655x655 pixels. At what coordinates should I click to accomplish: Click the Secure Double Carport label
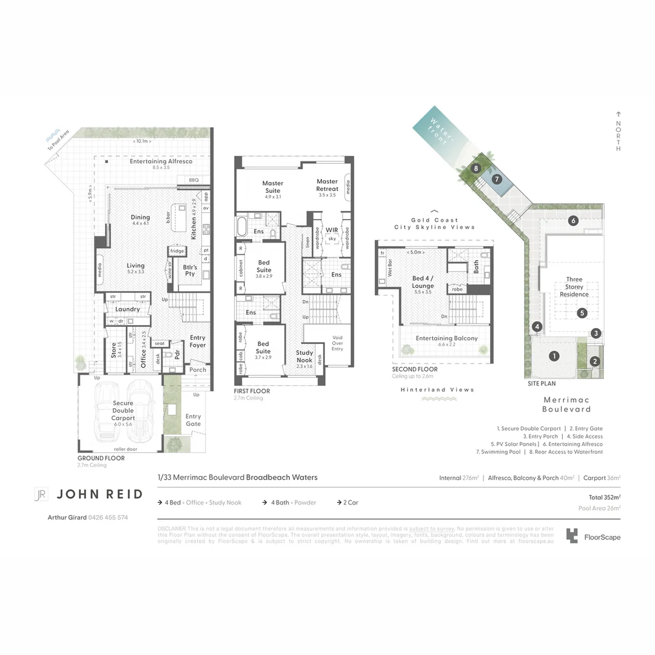coord(123,411)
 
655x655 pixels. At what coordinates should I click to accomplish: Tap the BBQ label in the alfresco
coord(194,180)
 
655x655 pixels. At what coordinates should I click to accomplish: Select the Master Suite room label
coord(273,187)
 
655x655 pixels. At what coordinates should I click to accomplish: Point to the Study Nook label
coord(304,356)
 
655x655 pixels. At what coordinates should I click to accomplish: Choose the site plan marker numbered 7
coord(497,179)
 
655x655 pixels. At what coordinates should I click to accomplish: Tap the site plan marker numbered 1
coord(554,356)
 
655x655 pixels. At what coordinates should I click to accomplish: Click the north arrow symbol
coord(618,114)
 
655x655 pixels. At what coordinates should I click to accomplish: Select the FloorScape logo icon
coord(572,536)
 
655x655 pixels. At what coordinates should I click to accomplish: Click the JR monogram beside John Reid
coord(41,494)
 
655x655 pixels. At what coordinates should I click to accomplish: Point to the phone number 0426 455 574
coord(109,517)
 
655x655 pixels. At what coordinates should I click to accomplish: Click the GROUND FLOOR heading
coord(101,458)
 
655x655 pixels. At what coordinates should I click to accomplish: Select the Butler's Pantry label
coord(190,270)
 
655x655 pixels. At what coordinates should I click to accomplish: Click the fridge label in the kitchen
coord(176,251)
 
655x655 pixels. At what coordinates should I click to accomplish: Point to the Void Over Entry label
coord(337,343)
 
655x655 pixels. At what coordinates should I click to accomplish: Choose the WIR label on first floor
coord(332,230)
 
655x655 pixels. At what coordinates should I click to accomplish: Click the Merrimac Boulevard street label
coord(566,404)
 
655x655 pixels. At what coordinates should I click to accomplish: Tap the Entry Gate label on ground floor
coord(193,420)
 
